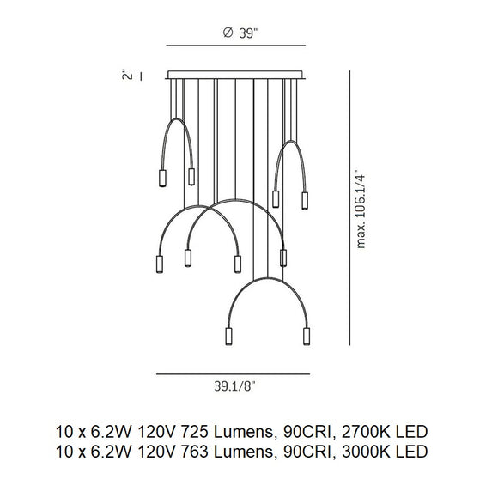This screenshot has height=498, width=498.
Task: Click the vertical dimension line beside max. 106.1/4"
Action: [349, 206]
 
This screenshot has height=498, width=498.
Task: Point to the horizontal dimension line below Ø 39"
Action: [236, 46]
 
